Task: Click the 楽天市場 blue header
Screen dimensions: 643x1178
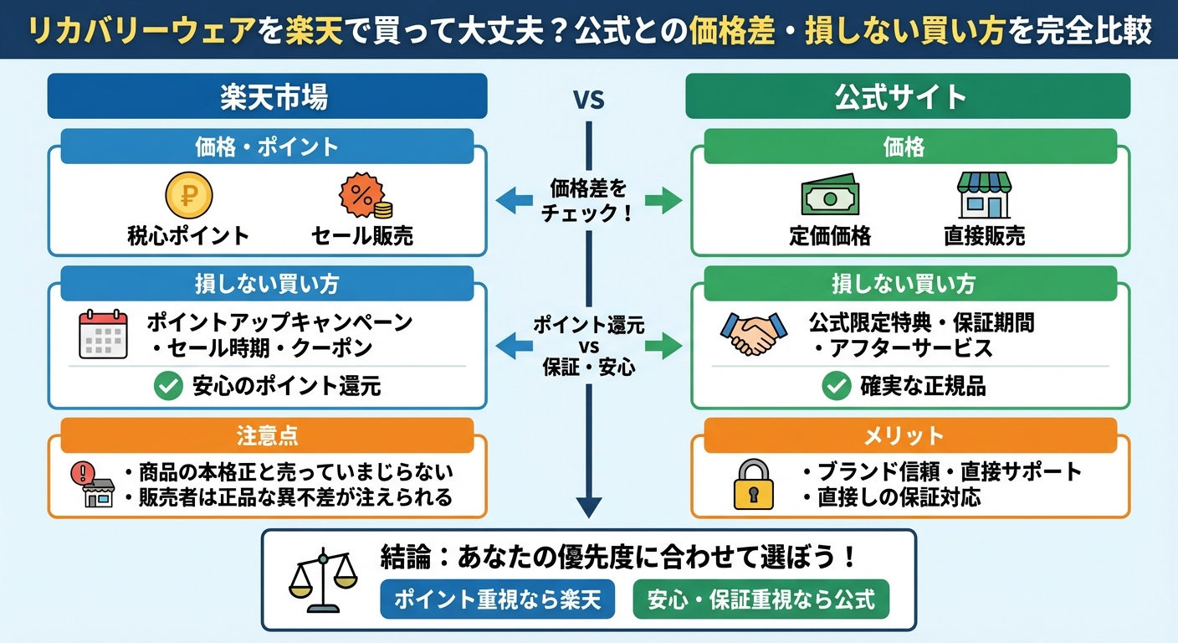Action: click(267, 96)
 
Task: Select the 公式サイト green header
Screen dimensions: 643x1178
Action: click(908, 96)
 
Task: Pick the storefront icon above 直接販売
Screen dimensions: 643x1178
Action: click(984, 196)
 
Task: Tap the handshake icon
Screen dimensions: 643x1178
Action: click(753, 334)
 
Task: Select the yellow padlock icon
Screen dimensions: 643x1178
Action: click(753, 483)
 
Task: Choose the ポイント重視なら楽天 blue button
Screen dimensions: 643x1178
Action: click(497, 599)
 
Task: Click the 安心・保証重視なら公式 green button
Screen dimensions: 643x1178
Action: click(761, 599)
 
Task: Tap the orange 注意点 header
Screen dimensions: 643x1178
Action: click(267, 435)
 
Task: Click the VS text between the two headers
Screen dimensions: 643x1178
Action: click(588, 100)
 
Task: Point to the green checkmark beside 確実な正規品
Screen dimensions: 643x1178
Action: click(836, 386)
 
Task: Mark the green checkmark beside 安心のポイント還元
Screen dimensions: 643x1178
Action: click(169, 386)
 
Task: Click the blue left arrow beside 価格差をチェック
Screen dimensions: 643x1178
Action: click(514, 200)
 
